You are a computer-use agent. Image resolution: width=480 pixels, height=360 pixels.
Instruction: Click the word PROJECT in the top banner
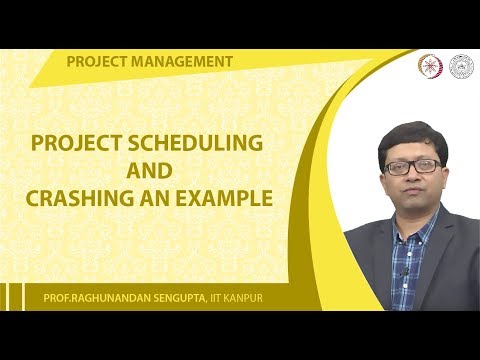(x=96, y=62)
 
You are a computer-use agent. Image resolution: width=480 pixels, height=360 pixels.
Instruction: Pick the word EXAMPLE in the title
(x=222, y=198)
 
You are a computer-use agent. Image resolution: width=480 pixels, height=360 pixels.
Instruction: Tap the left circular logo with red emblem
(x=427, y=64)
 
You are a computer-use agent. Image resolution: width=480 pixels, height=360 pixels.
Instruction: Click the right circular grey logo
(x=461, y=64)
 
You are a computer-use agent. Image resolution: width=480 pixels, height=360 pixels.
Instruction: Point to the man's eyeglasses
(x=412, y=166)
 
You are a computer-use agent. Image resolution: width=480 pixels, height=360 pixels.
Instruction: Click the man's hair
(x=413, y=137)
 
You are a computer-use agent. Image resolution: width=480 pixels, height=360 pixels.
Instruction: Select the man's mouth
(x=413, y=192)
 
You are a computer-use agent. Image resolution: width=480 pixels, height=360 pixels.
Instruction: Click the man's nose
(x=413, y=177)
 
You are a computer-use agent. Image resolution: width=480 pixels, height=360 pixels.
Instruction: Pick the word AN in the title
(x=156, y=198)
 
